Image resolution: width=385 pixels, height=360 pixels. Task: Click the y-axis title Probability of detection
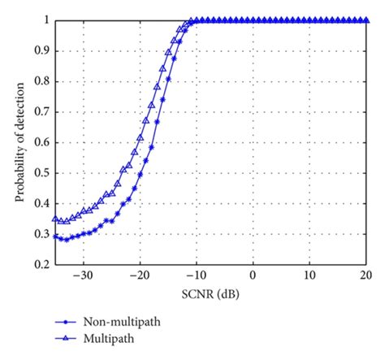pos(18,142)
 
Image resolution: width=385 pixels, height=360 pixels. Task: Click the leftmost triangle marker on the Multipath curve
pos(55,219)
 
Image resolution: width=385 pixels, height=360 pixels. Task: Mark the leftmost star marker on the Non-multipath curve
pos(55,236)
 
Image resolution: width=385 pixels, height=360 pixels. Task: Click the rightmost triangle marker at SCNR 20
pos(365,20)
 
